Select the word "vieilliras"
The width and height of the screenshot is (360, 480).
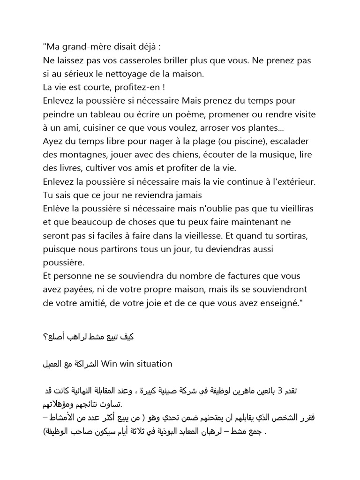291,208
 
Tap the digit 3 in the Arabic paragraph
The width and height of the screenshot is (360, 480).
292,391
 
